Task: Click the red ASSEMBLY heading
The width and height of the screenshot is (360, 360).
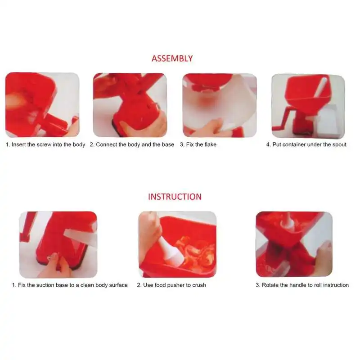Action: [x=172, y=58]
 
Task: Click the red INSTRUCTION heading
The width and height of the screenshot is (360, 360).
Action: [x=175, y=197]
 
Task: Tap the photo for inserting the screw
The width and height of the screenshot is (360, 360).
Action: [x=42, y=105]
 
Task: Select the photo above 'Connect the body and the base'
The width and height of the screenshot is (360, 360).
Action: [x=130, y=105]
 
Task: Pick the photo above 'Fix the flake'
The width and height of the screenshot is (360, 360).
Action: [x=220, y=105]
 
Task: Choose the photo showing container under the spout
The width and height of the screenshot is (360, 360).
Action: [x=308, y=106]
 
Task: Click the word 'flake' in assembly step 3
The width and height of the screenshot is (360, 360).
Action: [x=209, y=145]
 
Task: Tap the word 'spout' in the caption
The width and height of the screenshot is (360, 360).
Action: [x=338, y=145]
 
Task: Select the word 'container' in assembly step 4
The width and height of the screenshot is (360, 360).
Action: [x=295, y=145]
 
